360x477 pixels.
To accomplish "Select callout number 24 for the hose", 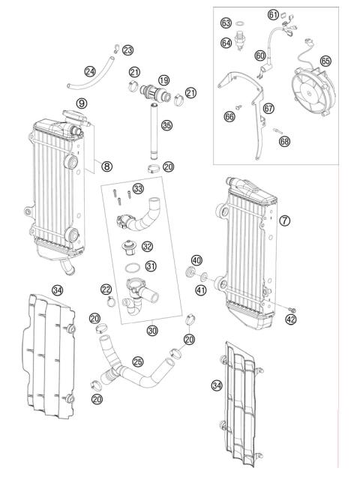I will [x=90, y=71].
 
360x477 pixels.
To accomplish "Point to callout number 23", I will [x=128, y=50].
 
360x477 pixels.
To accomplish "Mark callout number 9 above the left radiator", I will [x=81, y=103].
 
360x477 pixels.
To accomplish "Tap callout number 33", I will [x=138, y=187].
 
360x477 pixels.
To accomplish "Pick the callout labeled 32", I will [x=147, y=246].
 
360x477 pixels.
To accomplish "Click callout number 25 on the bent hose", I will [x=137, y=361].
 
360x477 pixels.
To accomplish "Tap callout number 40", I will [x=196, y=259].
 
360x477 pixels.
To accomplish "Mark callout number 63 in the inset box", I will [x=226, y=23].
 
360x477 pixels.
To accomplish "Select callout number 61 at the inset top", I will [x=273, y=14].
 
